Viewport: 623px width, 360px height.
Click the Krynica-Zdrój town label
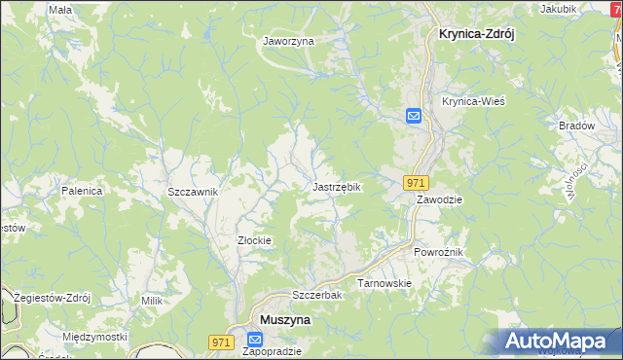470,32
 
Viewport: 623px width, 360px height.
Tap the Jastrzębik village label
338,186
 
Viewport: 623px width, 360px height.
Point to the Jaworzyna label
288,42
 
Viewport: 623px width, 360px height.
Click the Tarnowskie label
385,283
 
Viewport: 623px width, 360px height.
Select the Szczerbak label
314,295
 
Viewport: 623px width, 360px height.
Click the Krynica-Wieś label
472,101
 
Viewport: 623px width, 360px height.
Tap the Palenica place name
83,191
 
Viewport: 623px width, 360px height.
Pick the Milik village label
151,302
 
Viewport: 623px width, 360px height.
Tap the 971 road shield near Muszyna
222,342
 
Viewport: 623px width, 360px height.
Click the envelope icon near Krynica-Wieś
414,117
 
